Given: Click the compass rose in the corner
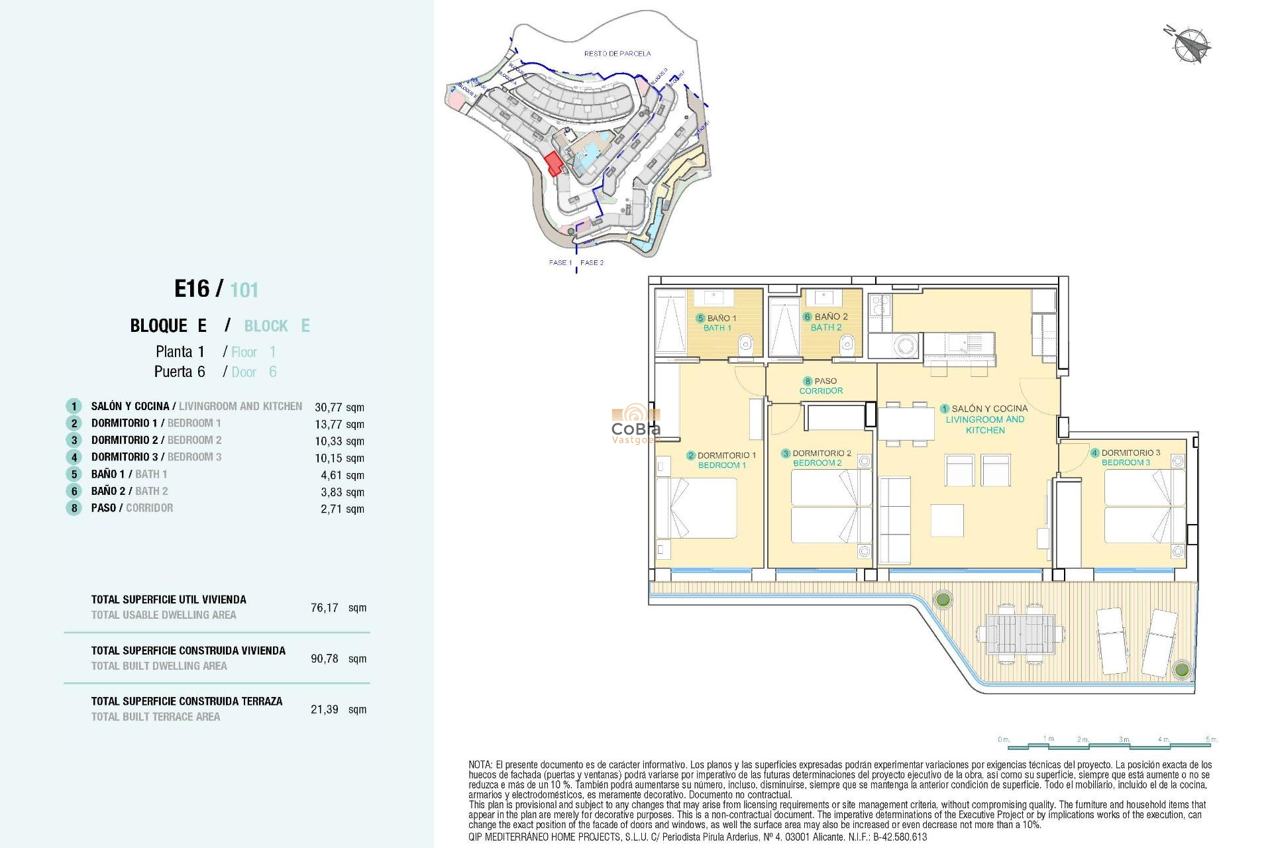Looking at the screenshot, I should (1190, 44).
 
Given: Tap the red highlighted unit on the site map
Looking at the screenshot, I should (553, 163).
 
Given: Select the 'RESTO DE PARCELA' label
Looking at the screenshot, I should (617, 54).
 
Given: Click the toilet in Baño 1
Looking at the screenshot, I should (746, 344).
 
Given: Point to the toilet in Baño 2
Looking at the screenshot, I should (847, 344).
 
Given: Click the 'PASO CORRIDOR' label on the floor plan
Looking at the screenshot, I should (821, 386).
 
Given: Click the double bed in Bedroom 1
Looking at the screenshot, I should (697, 507).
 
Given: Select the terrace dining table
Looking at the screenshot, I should (1020, 634).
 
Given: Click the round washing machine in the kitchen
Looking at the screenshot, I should (905, 345).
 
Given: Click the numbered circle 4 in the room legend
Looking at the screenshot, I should (74, 457).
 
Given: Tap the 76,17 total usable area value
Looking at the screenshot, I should (325, 608).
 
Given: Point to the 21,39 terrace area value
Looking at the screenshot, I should (325, 710).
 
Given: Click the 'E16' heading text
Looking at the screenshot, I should (191, 289).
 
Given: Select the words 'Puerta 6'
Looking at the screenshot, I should (180, 372).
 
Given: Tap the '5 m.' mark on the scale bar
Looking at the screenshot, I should (1211, 739).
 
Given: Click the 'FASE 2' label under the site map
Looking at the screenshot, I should (592, 263).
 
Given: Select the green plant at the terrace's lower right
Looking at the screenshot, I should (1181, 669).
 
